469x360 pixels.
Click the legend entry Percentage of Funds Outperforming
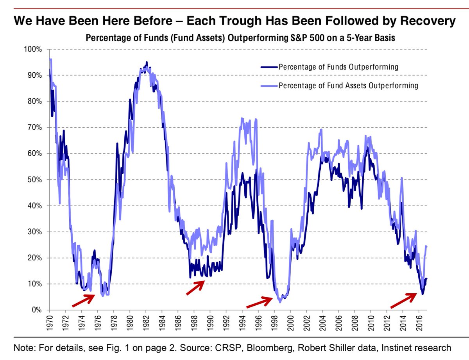click(x=338, y=67)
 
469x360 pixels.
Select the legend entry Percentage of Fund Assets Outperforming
click(x=348, y=86)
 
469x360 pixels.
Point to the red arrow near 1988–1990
click(x=195, y=288)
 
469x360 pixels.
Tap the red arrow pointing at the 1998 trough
click(x=259, y=302)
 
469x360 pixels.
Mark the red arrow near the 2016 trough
click(x=403, y=299)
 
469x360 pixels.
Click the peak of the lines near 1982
click(x=147, y=62)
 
